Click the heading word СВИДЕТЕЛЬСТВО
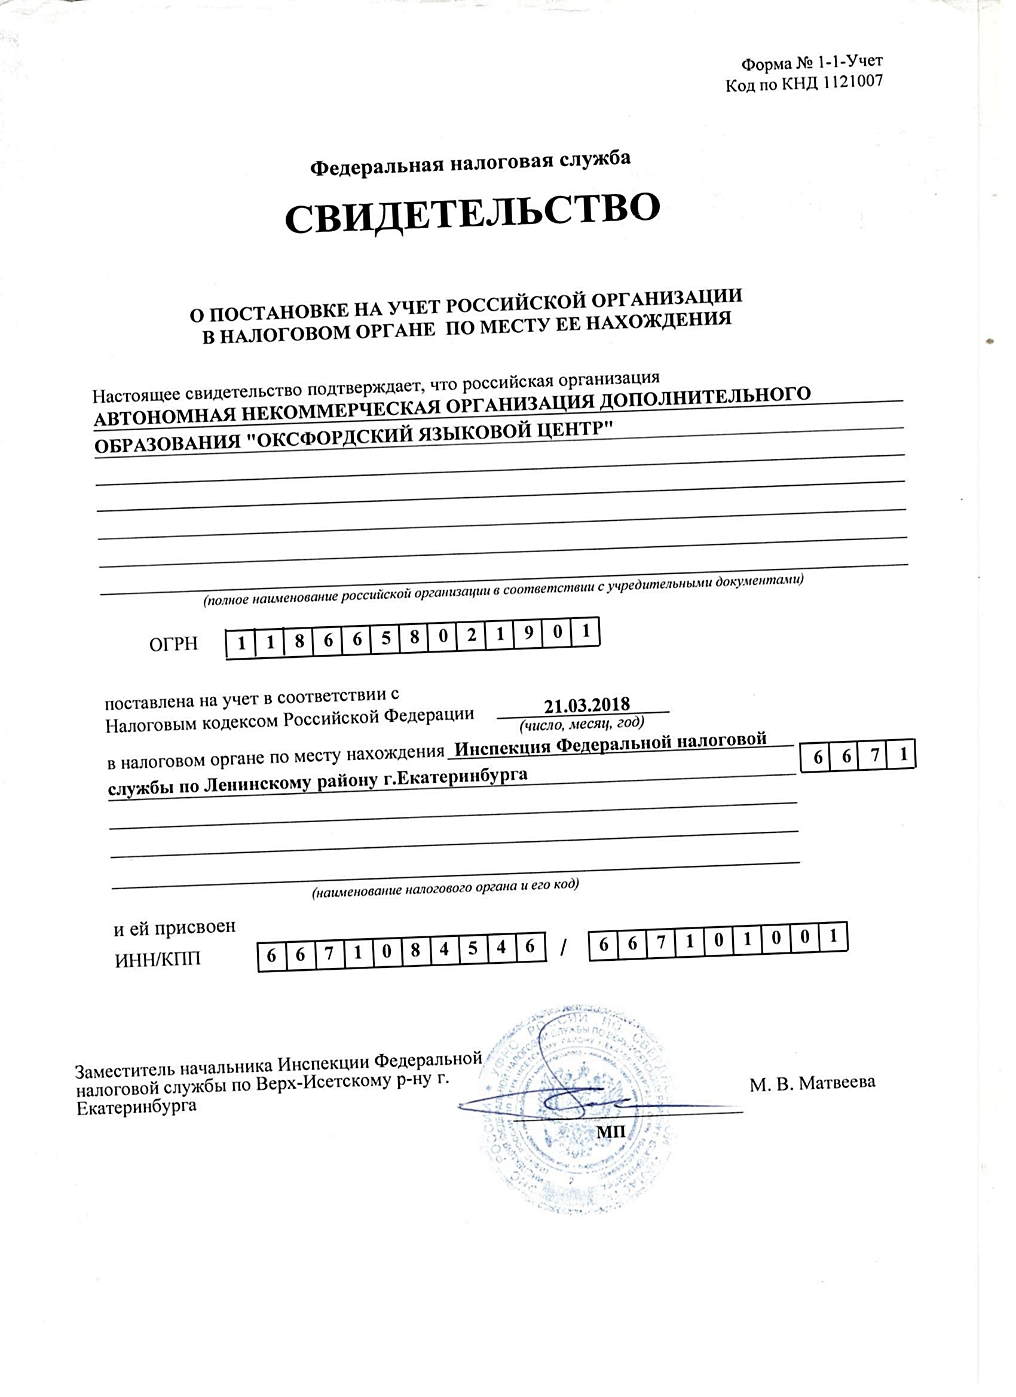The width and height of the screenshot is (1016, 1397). tap(472, 213)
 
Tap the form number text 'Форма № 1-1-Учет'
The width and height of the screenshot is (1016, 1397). tap(812, 62)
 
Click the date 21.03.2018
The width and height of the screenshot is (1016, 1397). tap(587, 704)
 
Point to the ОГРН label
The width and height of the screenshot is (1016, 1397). tap(173, 644)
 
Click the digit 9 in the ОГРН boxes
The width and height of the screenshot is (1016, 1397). tap(529, 635)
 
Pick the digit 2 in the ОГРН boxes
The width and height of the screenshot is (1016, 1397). tap(472, 636)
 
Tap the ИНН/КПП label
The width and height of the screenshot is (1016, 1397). tap(158, 960)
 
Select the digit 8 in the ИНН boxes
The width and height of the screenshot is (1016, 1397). tap(415, 952)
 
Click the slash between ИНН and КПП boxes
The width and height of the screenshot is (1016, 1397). tap(564, 950)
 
